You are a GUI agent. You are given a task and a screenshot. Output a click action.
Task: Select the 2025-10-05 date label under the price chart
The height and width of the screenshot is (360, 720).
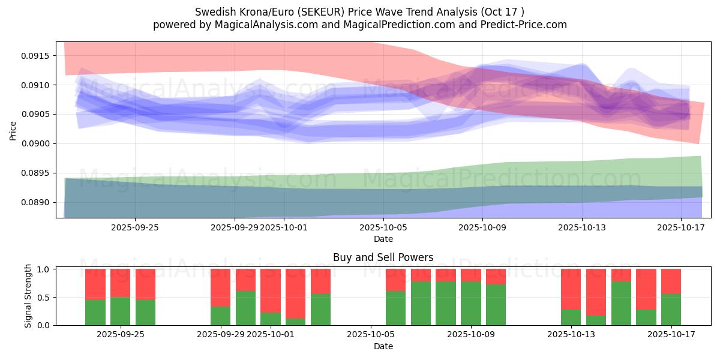pyautogui.click(x=383, y=227)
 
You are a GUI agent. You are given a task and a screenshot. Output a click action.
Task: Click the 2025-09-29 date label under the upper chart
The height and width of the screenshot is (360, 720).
pyautogui.click(x=235, y=227)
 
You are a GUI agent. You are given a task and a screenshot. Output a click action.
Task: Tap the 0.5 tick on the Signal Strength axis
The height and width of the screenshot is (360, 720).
pyautogui.click(x=44, y=298)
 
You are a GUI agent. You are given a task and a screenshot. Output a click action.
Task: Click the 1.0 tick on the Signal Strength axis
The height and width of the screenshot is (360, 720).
pyautogui.click(x=44, y=269)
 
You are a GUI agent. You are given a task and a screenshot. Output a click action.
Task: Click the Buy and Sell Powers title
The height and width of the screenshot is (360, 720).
pyautogui.click(x=383, y=258)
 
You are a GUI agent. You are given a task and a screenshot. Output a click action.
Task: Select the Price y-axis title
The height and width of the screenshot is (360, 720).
pyautogui.click(x=13, y=130)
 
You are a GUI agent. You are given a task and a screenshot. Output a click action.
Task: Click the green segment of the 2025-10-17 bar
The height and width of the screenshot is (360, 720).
pyautogui.click(x=671, y=310)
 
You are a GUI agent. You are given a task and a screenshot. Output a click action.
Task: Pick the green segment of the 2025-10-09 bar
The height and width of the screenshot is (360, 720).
pyautogui.click(x=470, y=303)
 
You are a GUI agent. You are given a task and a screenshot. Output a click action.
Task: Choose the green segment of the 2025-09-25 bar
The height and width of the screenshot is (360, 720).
pyautogui.click(x=120, y=311)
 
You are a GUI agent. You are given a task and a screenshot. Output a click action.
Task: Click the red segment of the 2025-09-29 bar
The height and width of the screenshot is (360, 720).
pyautogui.click(x=220, y=288)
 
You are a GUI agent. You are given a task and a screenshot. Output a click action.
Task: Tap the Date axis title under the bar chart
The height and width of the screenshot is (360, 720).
pyautogui.click(x=383, y=346)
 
